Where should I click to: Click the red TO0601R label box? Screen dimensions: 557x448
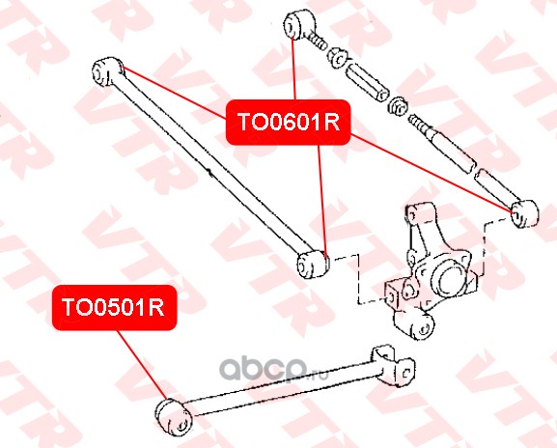point(288,123)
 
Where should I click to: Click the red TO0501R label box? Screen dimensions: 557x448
point(114,307)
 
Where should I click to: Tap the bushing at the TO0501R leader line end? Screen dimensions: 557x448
point(173,417)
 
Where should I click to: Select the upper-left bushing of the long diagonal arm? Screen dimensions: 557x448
point(107,71)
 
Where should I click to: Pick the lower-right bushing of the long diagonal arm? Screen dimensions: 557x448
point(313,264)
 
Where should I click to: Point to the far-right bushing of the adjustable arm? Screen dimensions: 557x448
point(524,213)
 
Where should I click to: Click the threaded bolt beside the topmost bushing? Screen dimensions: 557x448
point(316,41)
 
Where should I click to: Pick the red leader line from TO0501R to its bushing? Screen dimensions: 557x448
point(141,365)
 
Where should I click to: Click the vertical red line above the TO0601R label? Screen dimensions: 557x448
point(293,69)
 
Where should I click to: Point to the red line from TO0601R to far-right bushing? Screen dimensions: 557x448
point(431,173)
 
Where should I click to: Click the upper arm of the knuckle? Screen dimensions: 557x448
point(427,227)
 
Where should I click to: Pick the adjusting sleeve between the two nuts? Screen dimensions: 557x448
point(366,82)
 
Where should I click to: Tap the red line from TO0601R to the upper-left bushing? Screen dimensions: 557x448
point(175,93)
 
